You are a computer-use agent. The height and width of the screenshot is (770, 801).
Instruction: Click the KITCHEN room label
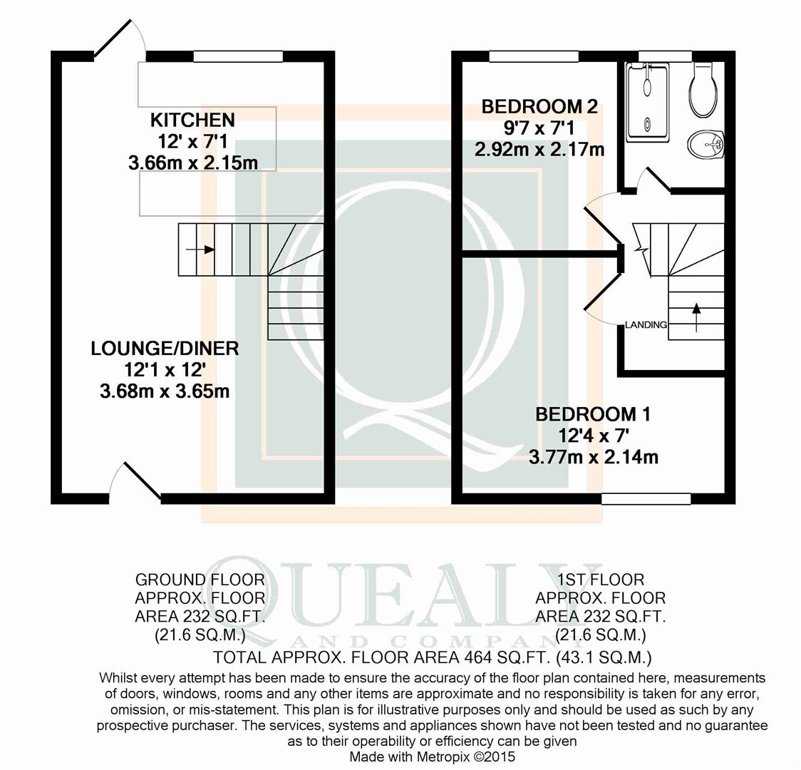(192, 120)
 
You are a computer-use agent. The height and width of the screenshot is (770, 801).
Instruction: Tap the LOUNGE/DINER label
(165, 349)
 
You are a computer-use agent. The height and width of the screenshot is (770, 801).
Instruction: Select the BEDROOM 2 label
(539, 106)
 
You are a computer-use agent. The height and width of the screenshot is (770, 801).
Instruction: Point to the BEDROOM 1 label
(593, 414)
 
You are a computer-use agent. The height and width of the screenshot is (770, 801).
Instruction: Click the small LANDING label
(646, 324)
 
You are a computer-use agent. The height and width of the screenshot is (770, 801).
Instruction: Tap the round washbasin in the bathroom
(706, 145)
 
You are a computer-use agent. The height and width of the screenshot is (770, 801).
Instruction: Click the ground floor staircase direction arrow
(200, 250)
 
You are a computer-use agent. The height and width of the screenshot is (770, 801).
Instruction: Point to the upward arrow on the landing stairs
(696, 313)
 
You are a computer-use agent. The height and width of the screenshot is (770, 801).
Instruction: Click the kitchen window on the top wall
(238, 56)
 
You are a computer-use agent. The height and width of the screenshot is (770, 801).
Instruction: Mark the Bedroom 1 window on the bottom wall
(646, 498)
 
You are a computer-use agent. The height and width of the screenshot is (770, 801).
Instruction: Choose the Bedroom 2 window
(534, 56)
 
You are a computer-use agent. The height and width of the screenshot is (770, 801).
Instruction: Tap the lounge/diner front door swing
(135, 481)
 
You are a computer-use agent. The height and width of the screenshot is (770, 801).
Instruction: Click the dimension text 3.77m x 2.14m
(593, 457)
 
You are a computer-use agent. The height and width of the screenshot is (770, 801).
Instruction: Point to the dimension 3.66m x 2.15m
(192, 163)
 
